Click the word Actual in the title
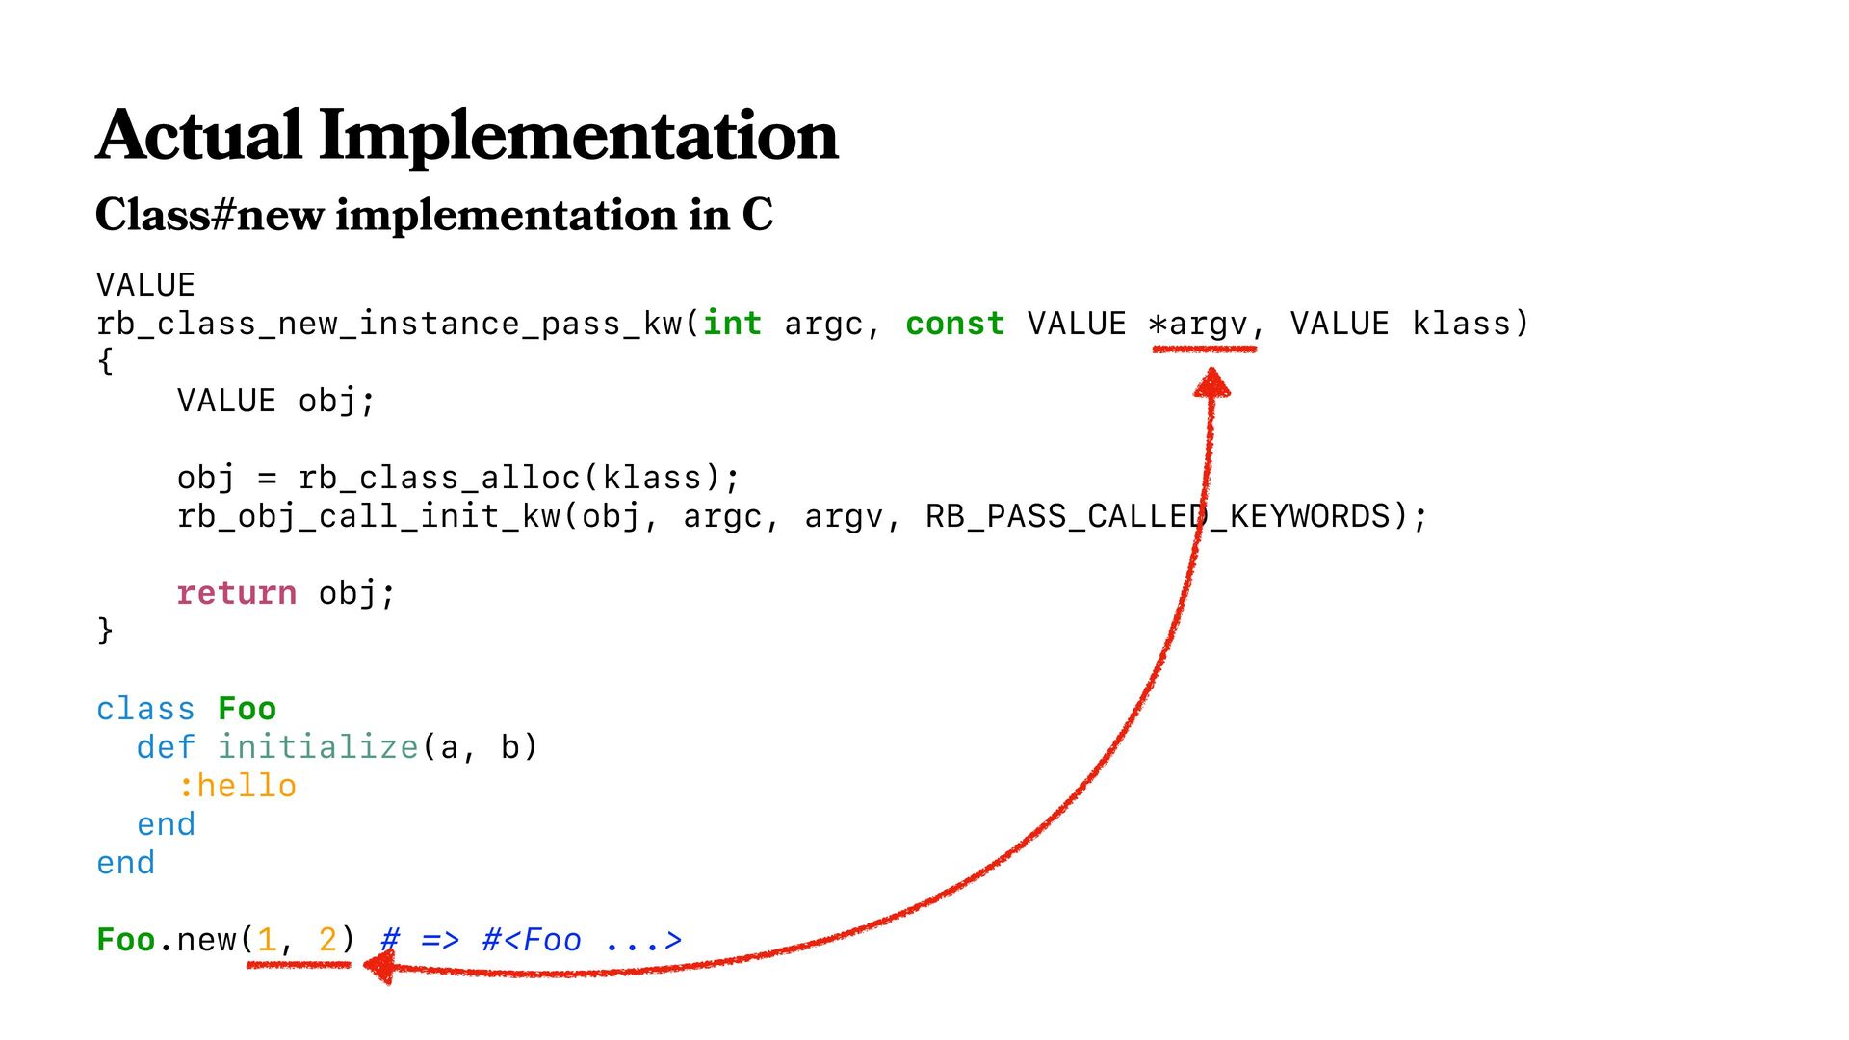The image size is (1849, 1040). (x=199, y=135)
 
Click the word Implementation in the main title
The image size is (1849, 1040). (x=579, y=137)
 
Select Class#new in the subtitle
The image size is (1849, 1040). (x=209, y=214)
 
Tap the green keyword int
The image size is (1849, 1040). (x=732, y=324)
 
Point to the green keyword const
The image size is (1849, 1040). (x=954, y=324)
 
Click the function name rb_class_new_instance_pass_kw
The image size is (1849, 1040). (x=389, y=325)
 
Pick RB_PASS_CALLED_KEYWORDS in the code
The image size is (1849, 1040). (x=1159, y=516)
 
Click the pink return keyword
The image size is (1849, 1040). (x=236, y=593)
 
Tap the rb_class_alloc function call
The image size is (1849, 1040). (x=439, y=478)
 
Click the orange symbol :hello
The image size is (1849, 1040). (x=237, y=786)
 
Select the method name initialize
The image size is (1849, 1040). (x=318, y=747)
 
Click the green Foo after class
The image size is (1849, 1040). (x=247, y=709)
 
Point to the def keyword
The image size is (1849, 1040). (x=166, y=747)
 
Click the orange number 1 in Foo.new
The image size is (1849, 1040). (x=267, y=940)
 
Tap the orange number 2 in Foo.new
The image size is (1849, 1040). (x=327, y=940)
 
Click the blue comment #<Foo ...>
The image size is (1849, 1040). (x=582, y=940)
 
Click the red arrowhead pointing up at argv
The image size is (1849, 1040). (x=1211, y=383)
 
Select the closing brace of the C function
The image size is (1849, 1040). (x=105, y=631)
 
